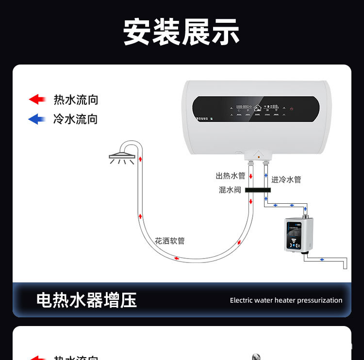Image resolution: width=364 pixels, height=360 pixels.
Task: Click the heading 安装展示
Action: [182, 32]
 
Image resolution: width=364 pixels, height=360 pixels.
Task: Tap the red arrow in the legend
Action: [37, 99]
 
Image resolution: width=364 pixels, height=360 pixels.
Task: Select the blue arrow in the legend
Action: [37, 119]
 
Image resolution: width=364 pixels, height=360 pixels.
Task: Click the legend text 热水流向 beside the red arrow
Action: [76, 100]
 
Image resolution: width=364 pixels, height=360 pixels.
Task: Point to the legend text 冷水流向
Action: [76, 119]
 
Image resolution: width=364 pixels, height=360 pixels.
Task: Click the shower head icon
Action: [122, 157]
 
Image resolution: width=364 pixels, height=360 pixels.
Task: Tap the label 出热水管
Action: [231, 176]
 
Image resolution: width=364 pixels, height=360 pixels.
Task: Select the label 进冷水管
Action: [286, 180]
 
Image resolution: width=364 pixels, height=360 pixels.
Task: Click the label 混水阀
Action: [230, 190]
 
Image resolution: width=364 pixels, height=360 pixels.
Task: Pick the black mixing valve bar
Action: [258, 190]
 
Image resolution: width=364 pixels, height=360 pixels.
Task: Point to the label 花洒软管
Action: [170, 241]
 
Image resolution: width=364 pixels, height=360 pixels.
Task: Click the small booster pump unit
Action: [300, 235]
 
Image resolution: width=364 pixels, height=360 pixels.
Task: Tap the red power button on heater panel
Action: [291, 109]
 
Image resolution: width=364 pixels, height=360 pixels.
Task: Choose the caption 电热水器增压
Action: [86, 300]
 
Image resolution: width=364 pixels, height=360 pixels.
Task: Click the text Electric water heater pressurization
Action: [286, 300]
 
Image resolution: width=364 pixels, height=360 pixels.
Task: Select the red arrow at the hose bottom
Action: [176, 258]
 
